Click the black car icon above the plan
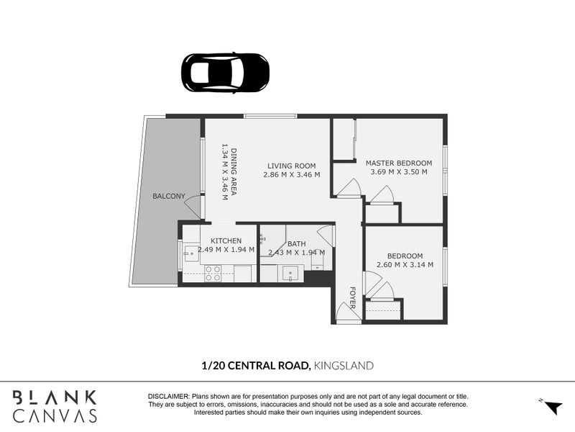[x=224, y=71]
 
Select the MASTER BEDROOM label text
[x=398, y=163]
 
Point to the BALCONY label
[x=168, y=196]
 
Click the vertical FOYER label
[x=352, y=297]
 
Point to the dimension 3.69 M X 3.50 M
[x=398, y=172]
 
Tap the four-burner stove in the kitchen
[x=213, y=273]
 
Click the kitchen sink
[x=190, y=252]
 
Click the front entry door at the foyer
[x=347, y=311]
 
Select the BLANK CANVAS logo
[x=55, y=406]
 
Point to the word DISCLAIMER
[x=167, y=397]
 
